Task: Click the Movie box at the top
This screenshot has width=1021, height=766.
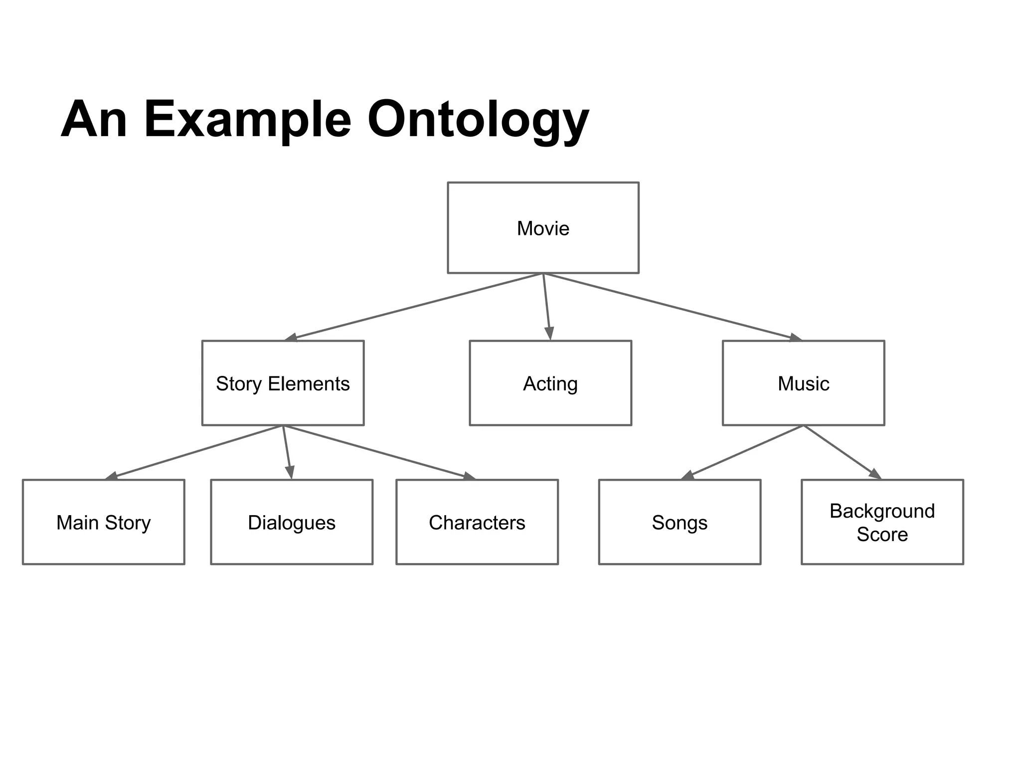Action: [543, 228]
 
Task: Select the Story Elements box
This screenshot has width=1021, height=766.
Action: [283, 383]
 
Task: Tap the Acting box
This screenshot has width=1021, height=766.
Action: [550, 383]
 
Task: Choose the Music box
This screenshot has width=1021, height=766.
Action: [803, 383]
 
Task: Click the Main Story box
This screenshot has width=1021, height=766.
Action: [103, 522]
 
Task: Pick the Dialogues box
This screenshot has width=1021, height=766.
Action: [292, 522]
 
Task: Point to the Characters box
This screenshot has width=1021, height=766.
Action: [477, 522]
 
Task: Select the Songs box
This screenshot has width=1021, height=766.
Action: [680, 522]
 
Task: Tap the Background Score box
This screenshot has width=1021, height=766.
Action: [882, 522]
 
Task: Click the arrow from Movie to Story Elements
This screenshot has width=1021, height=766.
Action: [414, 307]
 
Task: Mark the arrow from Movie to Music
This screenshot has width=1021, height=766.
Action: [673, 307]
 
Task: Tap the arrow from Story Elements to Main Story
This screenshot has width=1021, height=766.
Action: [194, 452]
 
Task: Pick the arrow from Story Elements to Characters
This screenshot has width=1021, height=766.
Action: [379, 452]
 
